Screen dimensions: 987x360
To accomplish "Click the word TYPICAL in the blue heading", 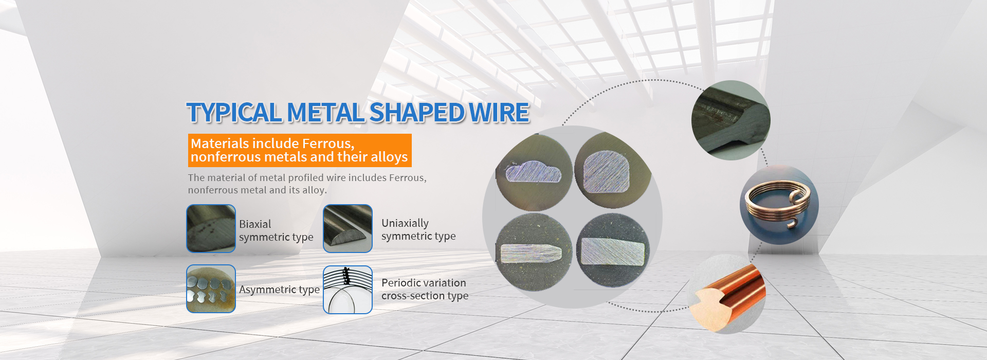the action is pos(234,113).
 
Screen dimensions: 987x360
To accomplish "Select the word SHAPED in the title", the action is pos(417,113).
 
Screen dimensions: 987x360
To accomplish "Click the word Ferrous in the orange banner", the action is pos(328,143).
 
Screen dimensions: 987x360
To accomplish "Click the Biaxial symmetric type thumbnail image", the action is pos(211,228).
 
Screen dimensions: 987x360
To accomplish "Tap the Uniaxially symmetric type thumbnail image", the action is pos(348,228).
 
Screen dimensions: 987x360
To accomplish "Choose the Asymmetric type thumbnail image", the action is pos(211,289).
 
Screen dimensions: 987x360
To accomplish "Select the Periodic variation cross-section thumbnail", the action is pos(348,290).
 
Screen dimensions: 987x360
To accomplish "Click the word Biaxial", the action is pos(255,224).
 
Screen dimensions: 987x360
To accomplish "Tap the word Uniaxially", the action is pos(405,223).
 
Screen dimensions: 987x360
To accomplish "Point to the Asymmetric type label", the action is pos(279,290).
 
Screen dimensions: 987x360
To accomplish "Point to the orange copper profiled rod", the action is pos(729,296).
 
